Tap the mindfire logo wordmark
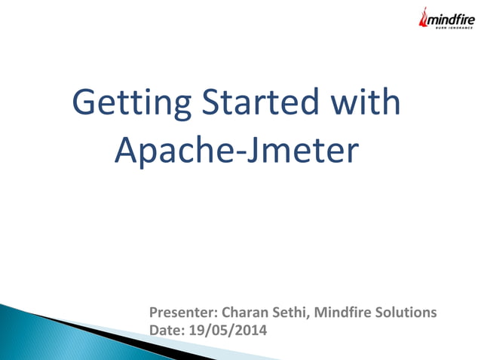450,21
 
